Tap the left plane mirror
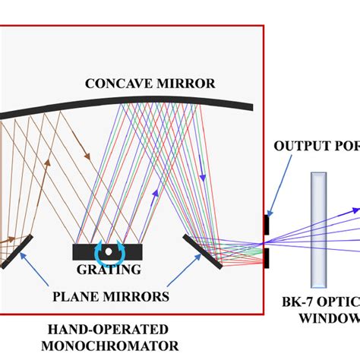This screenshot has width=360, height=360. (x=16, y=249)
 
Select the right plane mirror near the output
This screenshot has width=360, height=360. (x=203, y=251)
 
